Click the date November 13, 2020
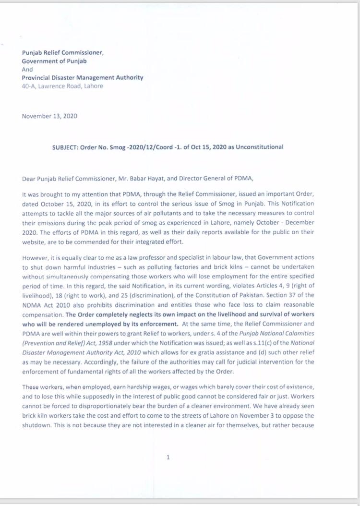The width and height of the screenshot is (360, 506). (50, 116)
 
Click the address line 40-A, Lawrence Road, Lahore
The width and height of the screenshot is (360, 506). (62, 86)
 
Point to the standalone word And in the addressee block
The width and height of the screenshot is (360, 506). (27, 69)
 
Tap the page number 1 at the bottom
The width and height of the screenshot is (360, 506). (168, 457)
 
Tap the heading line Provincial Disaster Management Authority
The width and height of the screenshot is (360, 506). (83, 78)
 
